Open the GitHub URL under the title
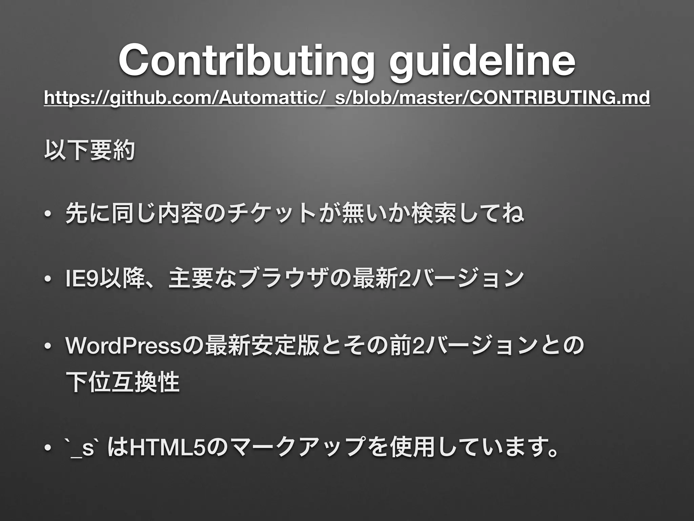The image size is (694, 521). point(347,99)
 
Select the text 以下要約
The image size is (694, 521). point(89,151)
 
